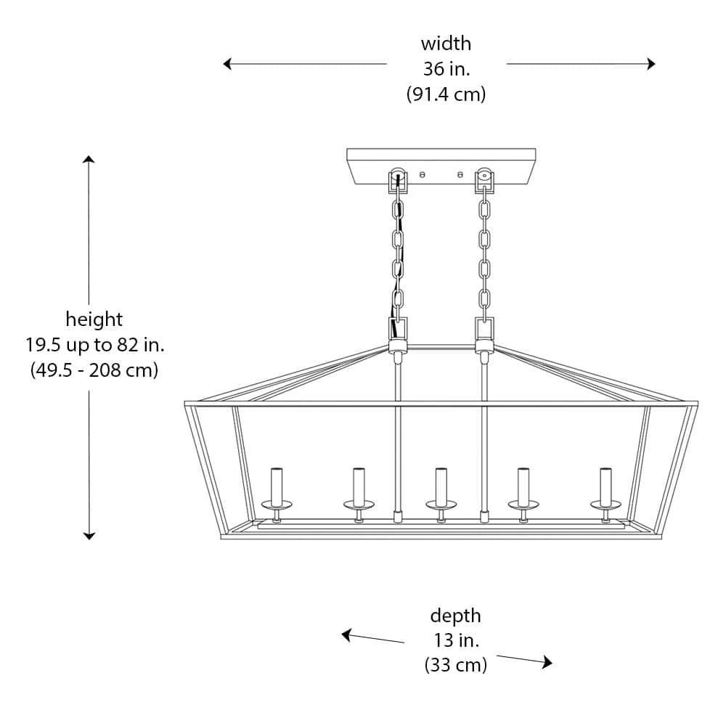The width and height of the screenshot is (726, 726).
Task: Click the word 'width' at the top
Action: point(446,44)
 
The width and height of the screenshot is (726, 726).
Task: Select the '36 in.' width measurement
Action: point(446,69)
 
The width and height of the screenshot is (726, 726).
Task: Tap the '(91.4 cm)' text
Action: point(446,94)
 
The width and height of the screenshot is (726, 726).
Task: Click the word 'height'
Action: point(94,319)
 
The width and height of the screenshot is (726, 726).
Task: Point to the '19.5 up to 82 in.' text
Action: point(94,344)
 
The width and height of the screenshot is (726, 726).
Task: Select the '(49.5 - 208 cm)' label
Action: point(94,370)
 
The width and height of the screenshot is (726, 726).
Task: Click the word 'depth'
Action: point(455,616)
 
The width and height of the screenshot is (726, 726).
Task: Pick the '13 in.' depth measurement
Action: point(455,640)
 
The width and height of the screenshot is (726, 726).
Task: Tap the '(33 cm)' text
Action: point(455,665)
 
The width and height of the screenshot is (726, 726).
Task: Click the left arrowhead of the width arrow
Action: point(227,64)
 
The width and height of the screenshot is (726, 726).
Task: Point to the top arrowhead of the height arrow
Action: point(89,160)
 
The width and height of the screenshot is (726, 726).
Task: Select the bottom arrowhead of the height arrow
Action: point(89,535)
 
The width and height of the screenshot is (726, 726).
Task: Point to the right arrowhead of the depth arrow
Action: point(547,662)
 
